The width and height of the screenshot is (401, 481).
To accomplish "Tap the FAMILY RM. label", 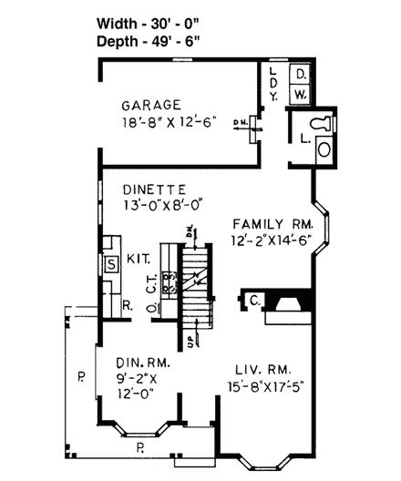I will [272, 223].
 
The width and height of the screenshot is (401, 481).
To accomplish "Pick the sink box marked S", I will [112, 265].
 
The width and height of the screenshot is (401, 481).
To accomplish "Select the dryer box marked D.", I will [302, 73].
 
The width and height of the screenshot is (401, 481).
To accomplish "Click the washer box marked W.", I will [302, 93].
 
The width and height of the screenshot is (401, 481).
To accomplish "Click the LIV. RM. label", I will [262, 369].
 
